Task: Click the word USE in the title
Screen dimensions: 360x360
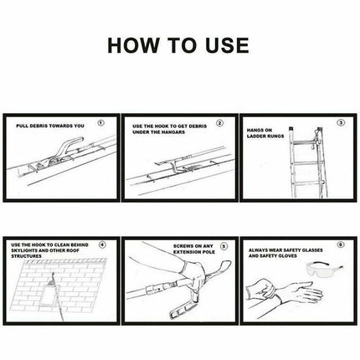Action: point(227,45)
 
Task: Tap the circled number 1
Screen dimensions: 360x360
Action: point(101,123)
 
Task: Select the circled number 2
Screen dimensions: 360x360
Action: point(220,123)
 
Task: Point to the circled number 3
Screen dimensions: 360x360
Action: point(341,122)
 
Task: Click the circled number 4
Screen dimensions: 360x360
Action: point(102,244)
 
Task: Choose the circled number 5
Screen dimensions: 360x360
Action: point(224,246)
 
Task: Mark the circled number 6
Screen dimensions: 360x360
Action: point(341,244)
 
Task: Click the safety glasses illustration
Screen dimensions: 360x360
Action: point(324,270)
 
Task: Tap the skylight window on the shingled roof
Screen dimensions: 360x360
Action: point(49,292)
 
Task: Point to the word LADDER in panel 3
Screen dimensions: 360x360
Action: point(256,136)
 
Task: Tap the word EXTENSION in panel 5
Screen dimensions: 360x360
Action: point(186,252)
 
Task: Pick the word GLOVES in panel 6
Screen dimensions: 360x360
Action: point(287,256)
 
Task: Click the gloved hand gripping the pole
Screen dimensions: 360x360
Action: point(193,274)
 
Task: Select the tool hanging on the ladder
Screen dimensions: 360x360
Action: point(317,140)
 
